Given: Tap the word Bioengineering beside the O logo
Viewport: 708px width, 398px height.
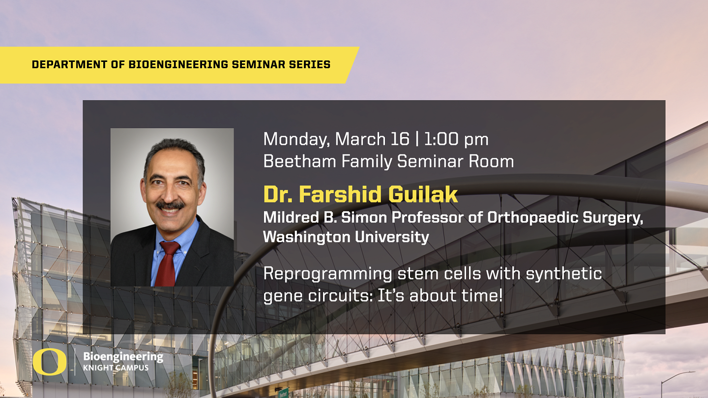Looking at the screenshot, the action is (x=123, y=357).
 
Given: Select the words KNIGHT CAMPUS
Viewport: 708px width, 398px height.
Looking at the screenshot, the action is (x=116, y=368).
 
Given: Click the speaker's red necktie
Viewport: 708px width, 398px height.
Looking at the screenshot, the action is (x=168, y=263).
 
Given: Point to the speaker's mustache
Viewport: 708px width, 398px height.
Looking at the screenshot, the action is (x=170, y=205).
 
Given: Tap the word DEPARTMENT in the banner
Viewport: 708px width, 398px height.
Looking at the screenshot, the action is (x=69, y=64).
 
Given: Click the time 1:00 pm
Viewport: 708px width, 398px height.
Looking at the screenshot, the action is (x=456, y=140).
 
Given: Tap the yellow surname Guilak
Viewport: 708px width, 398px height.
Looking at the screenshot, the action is (x=423, y=194).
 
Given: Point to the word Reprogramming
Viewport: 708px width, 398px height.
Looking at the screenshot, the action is (x=328, y=274).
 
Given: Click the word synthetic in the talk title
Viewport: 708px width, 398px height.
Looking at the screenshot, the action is (x=564, y=274).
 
